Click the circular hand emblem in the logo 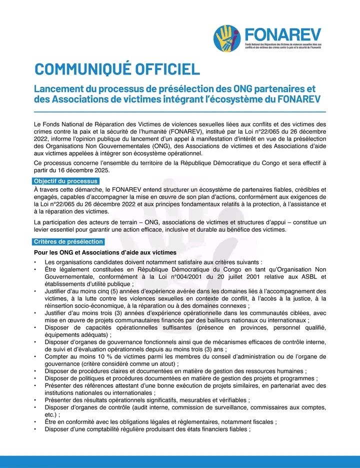click(x=227, y=38)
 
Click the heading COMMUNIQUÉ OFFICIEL click(x=117, y=69)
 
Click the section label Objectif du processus click(x=66, y=181)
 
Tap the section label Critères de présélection click(x=68, y=242)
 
